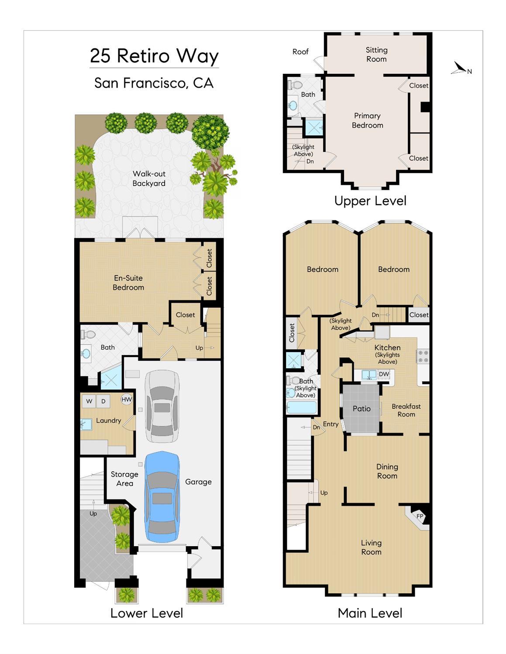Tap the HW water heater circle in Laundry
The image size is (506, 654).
click(127, 399)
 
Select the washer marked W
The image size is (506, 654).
click(89, 401)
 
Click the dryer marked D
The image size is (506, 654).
click(103, 401)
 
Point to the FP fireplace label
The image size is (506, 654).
click(420, 516)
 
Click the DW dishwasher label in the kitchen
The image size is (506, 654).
click(384, 374)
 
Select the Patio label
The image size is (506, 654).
click(361, 409)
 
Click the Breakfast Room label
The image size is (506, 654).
click(406, 410)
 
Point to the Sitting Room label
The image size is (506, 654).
click(376, 55)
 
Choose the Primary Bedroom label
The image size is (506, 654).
click(368, 120)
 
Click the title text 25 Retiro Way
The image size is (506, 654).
click(154, 56)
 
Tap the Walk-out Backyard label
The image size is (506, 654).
click(149, 178)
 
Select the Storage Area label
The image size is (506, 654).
click(124, 479)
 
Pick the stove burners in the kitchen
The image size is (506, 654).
click(423, 356)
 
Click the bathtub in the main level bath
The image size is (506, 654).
click(302, 407)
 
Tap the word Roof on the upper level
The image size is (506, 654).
click(300, 52)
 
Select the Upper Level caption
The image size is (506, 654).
click(370, 201)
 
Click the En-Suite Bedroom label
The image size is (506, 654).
click(128, 283)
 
